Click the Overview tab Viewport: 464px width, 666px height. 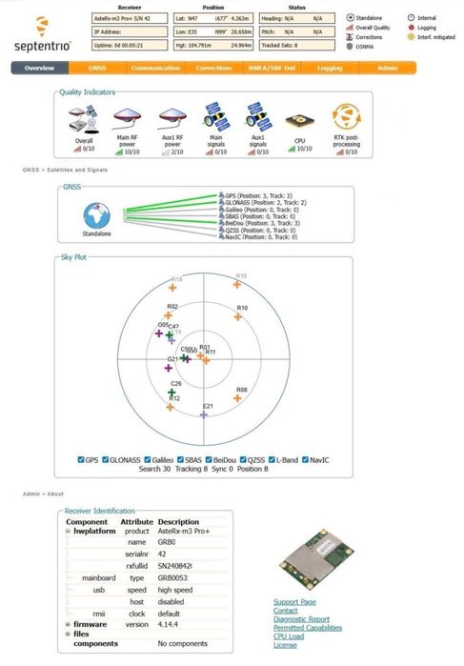(40, 69)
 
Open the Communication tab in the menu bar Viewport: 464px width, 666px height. (155, 69)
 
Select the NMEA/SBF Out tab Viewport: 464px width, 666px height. (272, 69)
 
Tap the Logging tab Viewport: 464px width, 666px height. (330, 69)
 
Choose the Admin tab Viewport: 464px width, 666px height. (387, 69)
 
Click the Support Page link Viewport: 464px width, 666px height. (293, 602)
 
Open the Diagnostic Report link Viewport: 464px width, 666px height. (301, 619)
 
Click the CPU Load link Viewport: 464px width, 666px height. (290, 636)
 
